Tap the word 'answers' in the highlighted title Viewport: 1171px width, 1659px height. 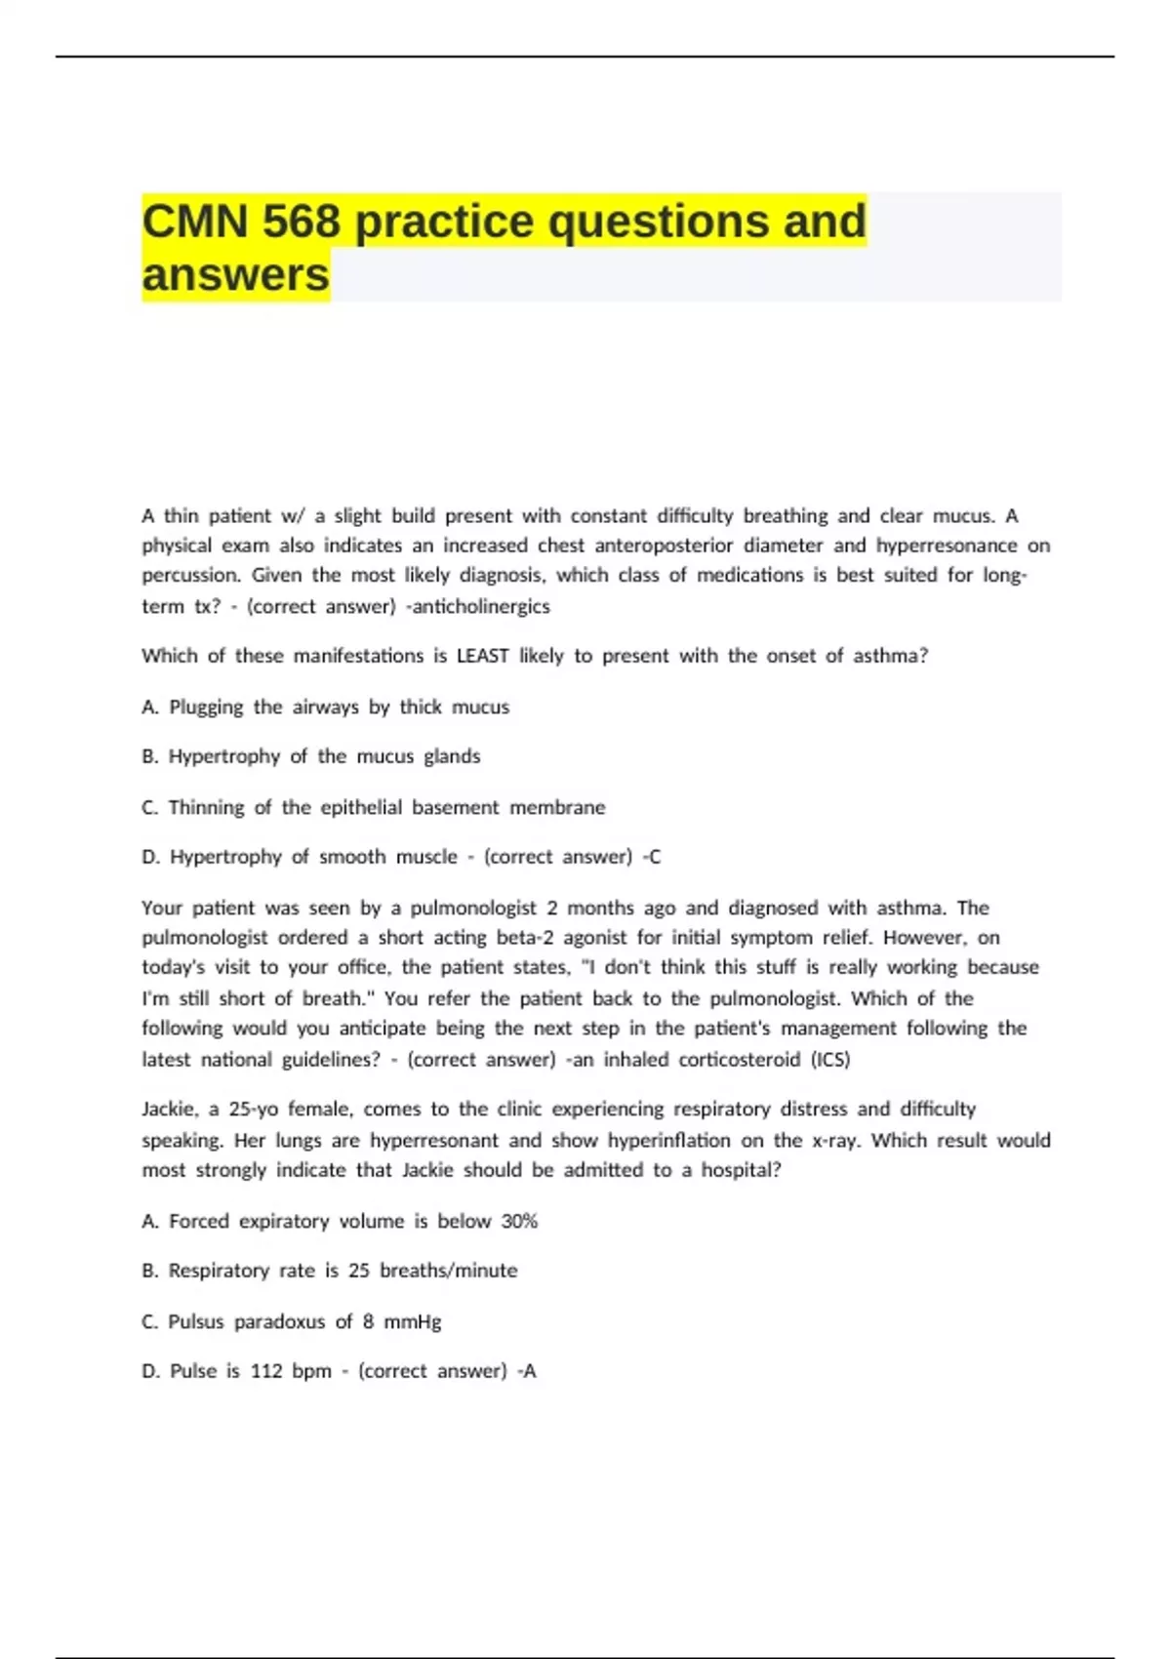pyautogui.click(x=235, y=275)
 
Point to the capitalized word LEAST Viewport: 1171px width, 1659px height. pyautogui.click(x=482, y=656)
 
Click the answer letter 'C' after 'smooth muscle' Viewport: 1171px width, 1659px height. pyautogui.click(x=655, y=857)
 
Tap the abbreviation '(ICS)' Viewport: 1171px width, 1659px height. pyautogui.click(x=830, y=1059)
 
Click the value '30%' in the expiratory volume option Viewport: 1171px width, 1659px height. pyautogui.click(x=519, y=1221)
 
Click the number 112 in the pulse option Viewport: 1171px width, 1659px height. pyautogui.click(x=266, y=1371)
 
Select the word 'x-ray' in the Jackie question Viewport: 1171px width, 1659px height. pyautogui.click(x=835, y=1140)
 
